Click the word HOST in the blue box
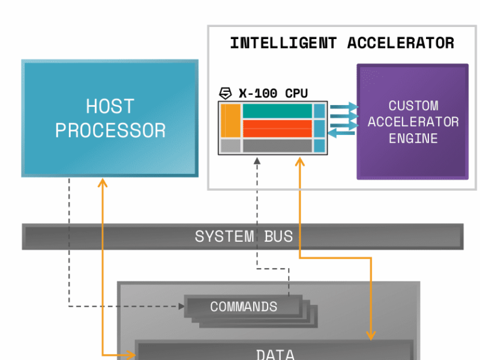(110, 107)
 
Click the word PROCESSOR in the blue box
(110, 130)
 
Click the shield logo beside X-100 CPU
(226, 93)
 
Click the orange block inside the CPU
(230, 120)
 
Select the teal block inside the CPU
(277, 111)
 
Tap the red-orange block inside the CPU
(277, 128)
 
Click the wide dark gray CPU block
(277, 145)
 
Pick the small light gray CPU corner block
(230, 145)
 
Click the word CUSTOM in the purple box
(413, 106)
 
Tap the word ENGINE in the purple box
(413, 139)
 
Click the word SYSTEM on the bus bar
(224, 236)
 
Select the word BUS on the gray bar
(279, 236)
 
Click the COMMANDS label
(244, 307)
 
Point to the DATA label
(275, 354)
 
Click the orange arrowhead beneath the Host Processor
(103, 182)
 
